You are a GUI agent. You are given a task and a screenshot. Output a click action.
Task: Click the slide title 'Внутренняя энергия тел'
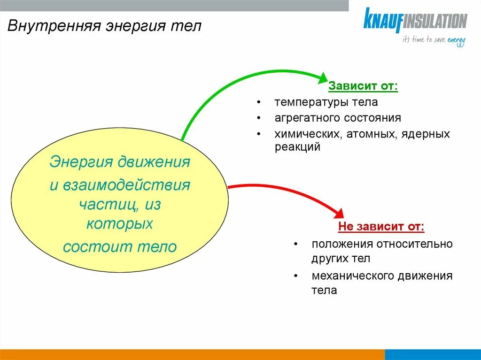tap(104, 25)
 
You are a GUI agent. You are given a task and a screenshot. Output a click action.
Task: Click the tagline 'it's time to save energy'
tap(434, 40)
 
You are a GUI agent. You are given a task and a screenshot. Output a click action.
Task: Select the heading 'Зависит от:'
tap(363, 86)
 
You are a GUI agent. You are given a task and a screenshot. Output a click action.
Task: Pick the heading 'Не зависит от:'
tap(381, 227)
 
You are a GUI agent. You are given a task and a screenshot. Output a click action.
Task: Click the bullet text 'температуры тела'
tap(326, 102)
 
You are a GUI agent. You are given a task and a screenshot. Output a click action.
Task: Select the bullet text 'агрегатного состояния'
tap(338, 118)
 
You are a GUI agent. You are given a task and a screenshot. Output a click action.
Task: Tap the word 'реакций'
tap(297, 147)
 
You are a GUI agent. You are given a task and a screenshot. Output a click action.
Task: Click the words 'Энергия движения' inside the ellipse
tap(120, 162)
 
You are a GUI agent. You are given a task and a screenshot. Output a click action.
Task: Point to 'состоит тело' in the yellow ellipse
tap(120, 247)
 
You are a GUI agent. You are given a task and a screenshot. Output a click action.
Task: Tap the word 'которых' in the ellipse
tap(120, 223)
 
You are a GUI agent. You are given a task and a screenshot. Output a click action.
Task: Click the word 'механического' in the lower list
tap(349, 276)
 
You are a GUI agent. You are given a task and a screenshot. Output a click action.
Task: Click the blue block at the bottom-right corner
tap(433, 354)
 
